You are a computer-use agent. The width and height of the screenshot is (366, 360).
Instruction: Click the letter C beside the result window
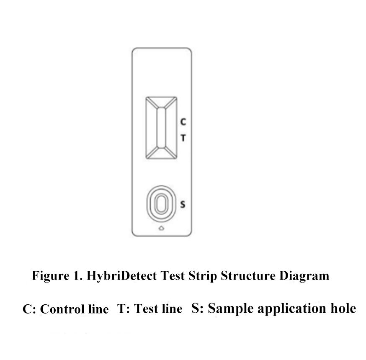pyautogui.click(x=183, y=122)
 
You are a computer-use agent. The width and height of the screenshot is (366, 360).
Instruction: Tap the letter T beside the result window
pyautogui.click(x=183, y=138)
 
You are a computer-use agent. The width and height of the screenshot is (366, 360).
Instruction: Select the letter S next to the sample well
pyautogui.click(x=183, y=204)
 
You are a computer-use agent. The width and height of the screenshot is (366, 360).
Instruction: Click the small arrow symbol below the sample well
pyautogui.click(x=161, y=228)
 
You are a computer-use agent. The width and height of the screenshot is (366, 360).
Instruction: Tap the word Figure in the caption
pyautogui.click(x=51, y=276)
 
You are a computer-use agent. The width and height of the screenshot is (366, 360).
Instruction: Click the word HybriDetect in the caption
pyautogui.click(x=121, y=275)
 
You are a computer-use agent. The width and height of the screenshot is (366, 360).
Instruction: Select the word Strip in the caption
pyautogui.click(x=203, y=276)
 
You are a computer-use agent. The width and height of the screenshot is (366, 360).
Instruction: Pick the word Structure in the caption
pyautogui.click(x=248, y=275)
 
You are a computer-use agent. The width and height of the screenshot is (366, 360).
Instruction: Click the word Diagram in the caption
pyautogui.click(x=304, y=276)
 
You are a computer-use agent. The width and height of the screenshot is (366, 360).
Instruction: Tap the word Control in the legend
pyautogui.click(x=62, y=309)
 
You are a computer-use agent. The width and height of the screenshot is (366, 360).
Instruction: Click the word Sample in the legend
pyautogui.click(x=231, y=309)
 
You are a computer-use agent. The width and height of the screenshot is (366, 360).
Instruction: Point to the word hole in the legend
pyautogui.click(x=343, y=308)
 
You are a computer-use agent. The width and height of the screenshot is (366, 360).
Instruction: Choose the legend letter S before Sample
pyautogui.click(x=196, y=308)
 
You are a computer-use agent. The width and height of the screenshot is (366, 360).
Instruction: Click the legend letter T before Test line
pyautogui.click(x=121, y=309)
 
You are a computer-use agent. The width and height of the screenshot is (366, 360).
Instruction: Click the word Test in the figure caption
pyautogui.click(x=173, y=275)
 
